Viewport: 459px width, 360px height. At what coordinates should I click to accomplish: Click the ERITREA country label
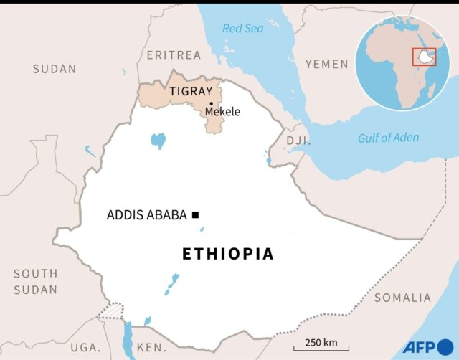point(174,55)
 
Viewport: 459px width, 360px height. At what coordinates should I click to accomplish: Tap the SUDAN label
point(54,69)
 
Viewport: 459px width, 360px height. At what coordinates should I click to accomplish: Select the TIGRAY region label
point(190,91)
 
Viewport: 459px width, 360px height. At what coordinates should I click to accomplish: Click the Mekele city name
point(222,112)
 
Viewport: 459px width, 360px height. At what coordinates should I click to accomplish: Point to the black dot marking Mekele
point(211,103)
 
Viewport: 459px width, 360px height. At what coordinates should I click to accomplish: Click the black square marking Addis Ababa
point(194,214)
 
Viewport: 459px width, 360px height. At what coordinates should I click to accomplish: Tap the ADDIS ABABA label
point(146,214)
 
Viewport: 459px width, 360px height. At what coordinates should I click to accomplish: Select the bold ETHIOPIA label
point(228,254)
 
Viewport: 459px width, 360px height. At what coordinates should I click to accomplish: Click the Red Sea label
point(242,29)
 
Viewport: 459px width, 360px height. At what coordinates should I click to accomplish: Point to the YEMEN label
point(327,65)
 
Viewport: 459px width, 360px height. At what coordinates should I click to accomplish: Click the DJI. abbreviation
point(298,141)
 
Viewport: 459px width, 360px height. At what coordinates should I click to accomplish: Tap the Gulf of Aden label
point(389,138)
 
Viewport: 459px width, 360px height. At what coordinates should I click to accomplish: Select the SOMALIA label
point(402,298)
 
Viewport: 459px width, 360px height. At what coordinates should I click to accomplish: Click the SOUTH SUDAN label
point(35,282)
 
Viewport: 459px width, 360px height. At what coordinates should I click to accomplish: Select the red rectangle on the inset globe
point(424,57)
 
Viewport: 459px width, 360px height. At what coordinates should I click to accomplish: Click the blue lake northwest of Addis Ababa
point(158,140)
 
